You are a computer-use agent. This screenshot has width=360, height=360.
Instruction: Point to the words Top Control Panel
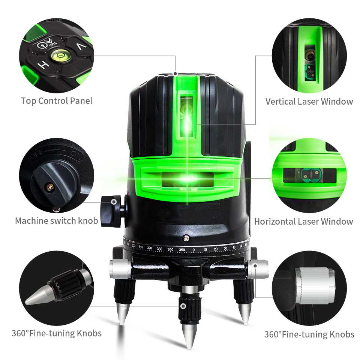click(x=57, y=100)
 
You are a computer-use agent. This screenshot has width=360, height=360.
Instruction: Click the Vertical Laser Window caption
click(x=309, y=101)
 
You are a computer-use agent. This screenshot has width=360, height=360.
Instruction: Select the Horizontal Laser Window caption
click(x=303, y=221)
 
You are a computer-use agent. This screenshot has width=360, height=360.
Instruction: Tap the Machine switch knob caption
click(x=56, y=220)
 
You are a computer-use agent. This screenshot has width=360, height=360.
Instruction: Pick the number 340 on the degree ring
click(x=170, y=249)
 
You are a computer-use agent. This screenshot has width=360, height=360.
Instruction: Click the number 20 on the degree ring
click(x=216, y=249)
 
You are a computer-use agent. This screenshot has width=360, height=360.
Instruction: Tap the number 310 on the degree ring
click(x=141, y=247)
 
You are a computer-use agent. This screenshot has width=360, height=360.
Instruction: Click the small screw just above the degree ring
click(x=185, y=237)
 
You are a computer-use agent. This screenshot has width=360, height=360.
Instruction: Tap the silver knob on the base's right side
click(x=258, y=269)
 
